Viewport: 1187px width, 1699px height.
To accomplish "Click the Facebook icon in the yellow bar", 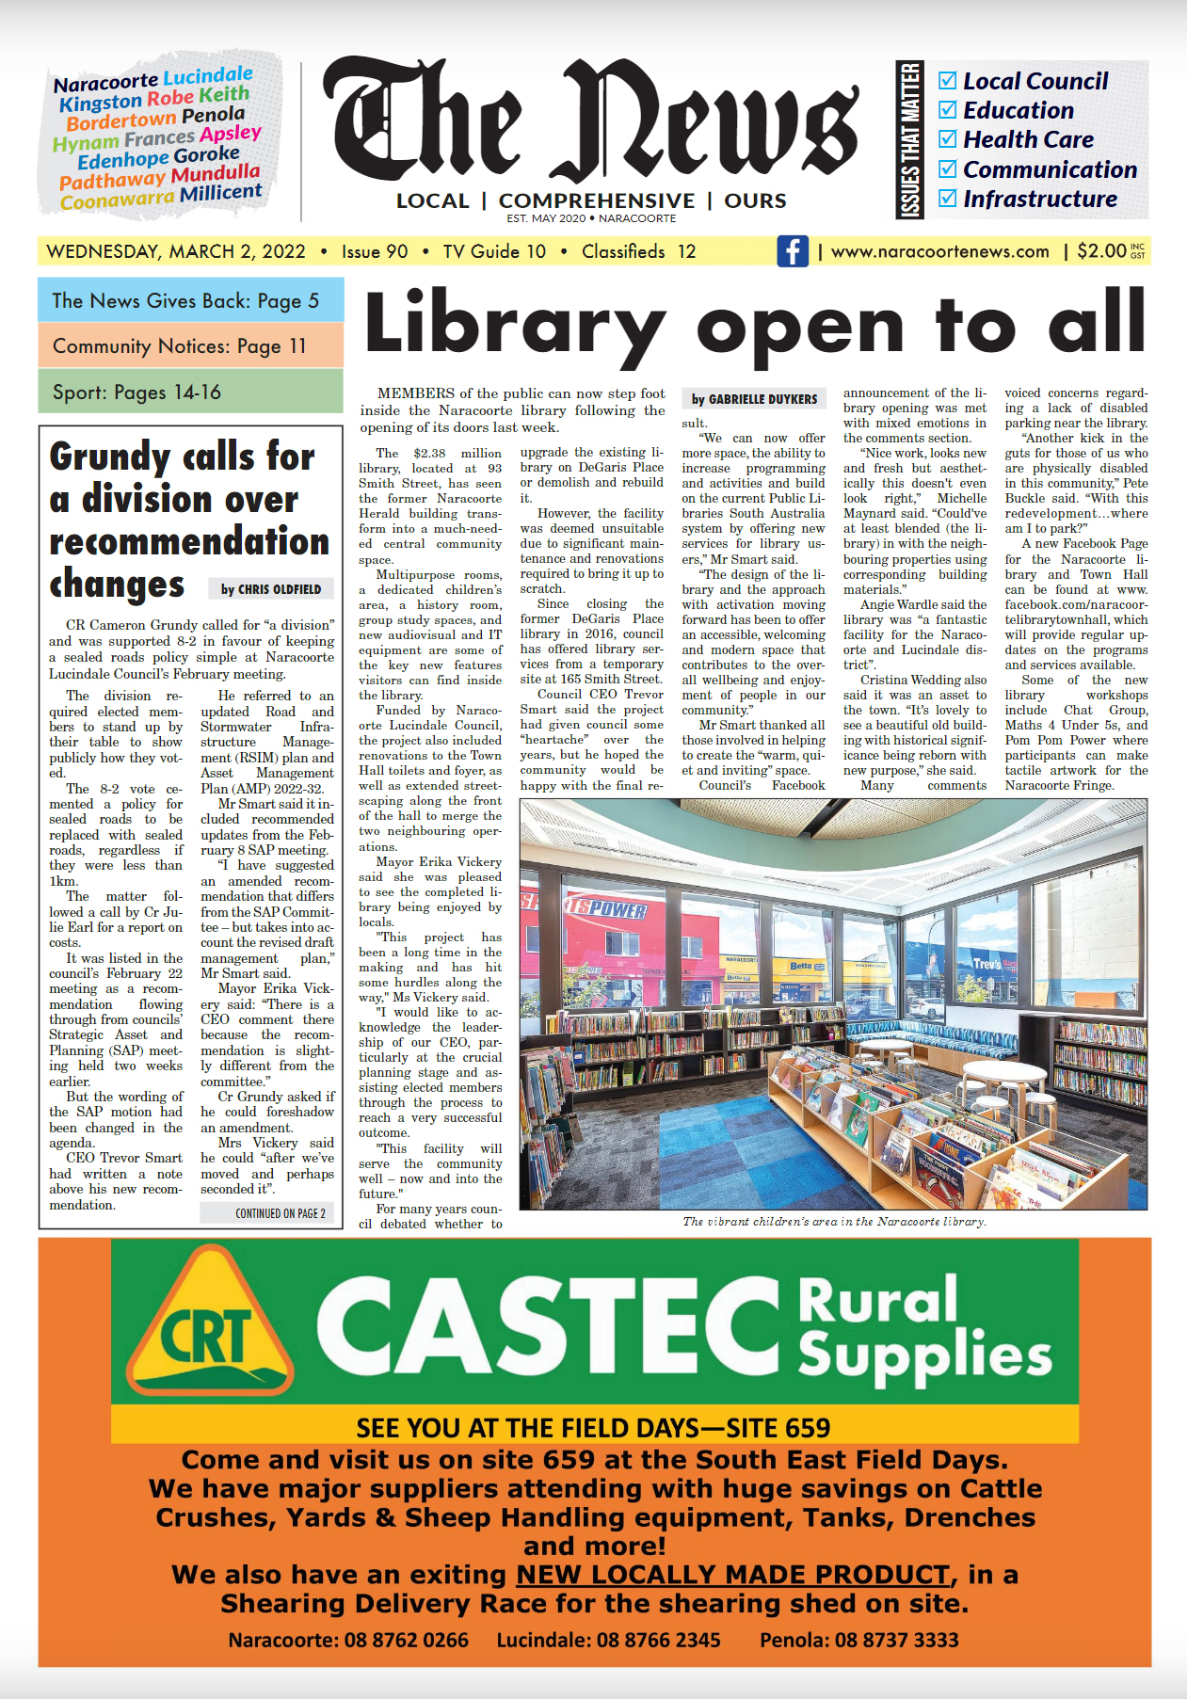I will point(793,251).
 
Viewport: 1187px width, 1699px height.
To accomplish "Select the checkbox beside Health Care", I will point(948,139).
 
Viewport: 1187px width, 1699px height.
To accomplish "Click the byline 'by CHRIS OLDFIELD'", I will point(271,589).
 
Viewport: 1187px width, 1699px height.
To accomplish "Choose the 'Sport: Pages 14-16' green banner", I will point(190,392).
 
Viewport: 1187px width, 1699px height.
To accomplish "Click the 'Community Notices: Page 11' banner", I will point(190,345).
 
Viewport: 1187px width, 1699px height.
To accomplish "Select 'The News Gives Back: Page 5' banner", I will point(190,300).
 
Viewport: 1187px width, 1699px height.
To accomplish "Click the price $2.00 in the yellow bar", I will point(1101,251).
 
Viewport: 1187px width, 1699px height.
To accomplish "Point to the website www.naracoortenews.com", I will point(939,251).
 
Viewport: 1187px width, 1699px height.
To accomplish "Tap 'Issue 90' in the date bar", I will point(375,251).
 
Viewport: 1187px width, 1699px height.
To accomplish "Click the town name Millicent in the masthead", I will point(220,192).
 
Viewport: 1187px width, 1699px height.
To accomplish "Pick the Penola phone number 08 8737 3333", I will point(858,1640).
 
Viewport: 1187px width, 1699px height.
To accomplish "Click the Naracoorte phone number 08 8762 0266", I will point(348,1640).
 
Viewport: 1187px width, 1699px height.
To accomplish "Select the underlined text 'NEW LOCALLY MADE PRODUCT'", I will point(732,1575).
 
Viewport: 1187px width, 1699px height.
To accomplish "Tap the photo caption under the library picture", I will point(834,1221).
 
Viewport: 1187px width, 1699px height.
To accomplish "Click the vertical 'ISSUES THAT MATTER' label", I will point(910,139).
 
